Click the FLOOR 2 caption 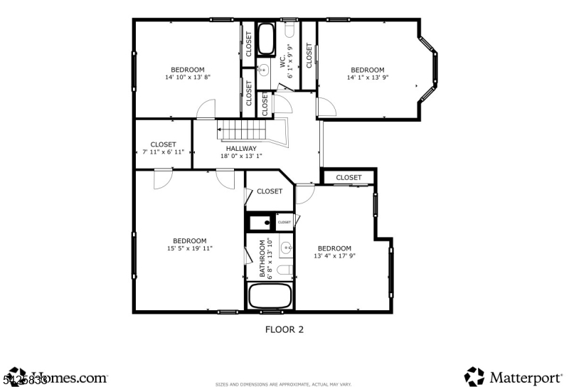tap(284, 329)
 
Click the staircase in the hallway tap(243, 131)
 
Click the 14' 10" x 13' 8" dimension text tap(188, 77)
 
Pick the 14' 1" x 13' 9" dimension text tap(368, 78)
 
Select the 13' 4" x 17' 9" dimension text tap(334, 256)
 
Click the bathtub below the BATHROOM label tap(269, 296)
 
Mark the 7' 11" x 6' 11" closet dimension tap(163, 152)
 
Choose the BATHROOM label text tap(262, 258)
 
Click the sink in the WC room tap(262, 70)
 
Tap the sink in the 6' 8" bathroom tap(285, 248)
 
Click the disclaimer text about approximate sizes tap(284, 384)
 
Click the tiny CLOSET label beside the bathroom tap(284, 223)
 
